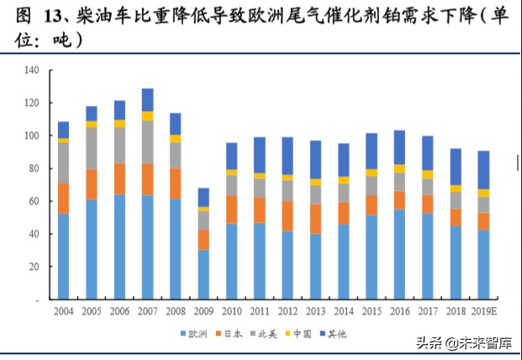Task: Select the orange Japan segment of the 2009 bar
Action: click(203, 240)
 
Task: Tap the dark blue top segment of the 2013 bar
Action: click(315, 159)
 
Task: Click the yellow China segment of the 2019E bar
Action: click(482, 193)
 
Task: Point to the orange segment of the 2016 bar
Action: click(399, 200)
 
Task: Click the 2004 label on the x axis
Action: click(63, 311)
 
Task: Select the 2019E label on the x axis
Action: click(482, 311)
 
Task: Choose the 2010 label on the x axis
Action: click(230, 311)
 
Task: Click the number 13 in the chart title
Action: click(44, 15)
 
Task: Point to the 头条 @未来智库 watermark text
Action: click(462, 343)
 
